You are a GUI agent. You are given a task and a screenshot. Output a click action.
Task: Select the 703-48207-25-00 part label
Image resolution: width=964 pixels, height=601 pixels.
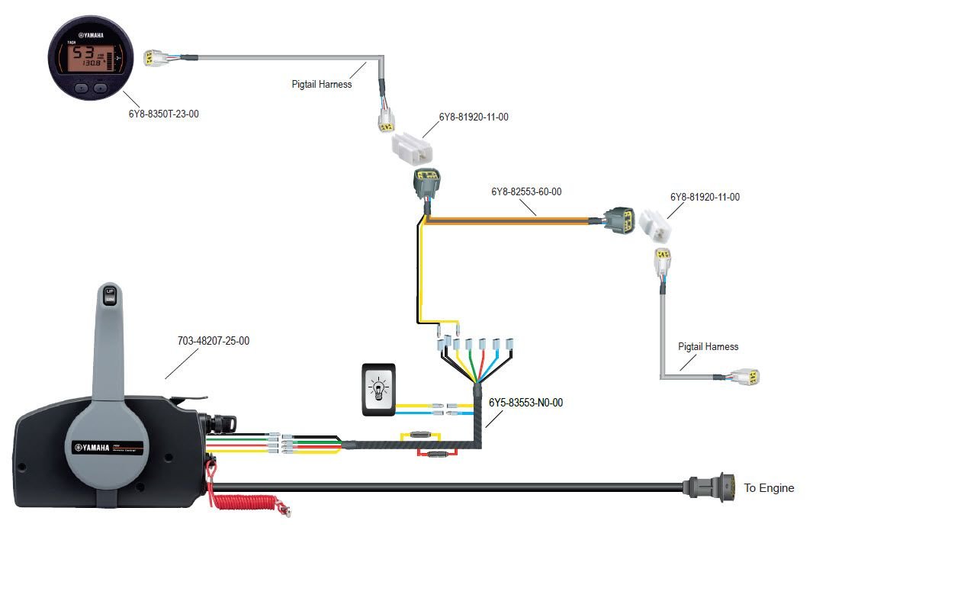(213, 341)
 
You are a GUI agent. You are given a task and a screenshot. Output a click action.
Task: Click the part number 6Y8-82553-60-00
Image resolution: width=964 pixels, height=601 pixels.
(526, 191)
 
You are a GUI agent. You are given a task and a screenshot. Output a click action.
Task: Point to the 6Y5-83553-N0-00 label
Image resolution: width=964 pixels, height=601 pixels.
(525, 402)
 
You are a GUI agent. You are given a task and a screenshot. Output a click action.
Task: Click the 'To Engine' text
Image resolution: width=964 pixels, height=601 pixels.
(769, 487)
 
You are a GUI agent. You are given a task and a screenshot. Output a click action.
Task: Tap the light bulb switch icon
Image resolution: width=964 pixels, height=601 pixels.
(378, 389)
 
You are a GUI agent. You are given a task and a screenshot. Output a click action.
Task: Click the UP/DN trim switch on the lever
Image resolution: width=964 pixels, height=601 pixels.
(109, 295)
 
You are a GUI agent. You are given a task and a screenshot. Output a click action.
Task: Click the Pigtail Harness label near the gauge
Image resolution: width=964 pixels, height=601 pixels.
(322, 84)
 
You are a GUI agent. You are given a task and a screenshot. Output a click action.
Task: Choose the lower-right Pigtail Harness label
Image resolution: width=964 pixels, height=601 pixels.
(709, 346)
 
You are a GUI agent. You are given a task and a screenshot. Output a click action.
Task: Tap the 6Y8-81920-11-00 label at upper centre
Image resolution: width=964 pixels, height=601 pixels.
(474, 117)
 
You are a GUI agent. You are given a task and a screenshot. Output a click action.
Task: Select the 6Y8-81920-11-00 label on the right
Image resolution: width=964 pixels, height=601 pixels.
(705, 197)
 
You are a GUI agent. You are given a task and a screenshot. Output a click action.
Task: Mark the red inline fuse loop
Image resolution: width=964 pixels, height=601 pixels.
(435, 454)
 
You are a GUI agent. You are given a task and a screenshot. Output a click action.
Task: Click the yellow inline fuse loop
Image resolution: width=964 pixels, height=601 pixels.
(419, 435)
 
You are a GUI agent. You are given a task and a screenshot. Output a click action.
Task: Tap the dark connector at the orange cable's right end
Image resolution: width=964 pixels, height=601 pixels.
(616, 220)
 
